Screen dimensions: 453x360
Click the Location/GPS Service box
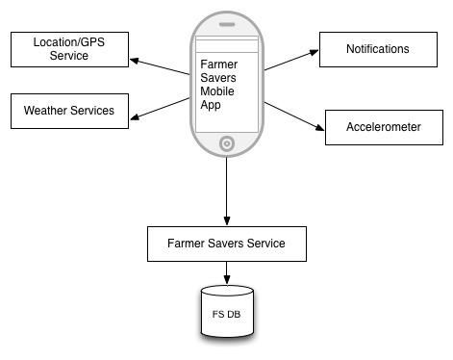tap(69, 49)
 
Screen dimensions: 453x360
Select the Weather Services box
tap(69, 111)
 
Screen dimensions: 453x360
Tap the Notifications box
tap(378, 49)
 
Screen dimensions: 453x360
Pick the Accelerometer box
tap(384, 127)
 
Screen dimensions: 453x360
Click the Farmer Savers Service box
tap(227, 244)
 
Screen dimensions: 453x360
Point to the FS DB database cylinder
tap(227, 311)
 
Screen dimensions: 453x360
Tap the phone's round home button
tap(227, 143)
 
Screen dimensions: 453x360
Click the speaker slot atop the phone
tap(227, 24)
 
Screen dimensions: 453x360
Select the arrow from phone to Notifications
tap(291, 60)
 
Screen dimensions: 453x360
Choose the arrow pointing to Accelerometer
tap(294, 116)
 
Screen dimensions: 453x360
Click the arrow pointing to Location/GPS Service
tap(160, 66)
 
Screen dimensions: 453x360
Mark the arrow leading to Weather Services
tap(160, 109)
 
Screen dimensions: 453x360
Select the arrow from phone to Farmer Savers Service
tap(227, 192)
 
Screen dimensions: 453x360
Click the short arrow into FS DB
tap(227, 272)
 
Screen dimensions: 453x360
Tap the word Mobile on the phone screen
tap(217, 91)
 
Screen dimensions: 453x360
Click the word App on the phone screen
tap(211, 105)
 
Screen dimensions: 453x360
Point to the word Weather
tap(45, 111)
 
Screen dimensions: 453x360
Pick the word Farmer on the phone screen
tap(219, 64)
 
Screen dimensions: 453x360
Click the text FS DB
tap(226, 314)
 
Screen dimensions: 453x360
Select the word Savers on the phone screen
tap(218, 78)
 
